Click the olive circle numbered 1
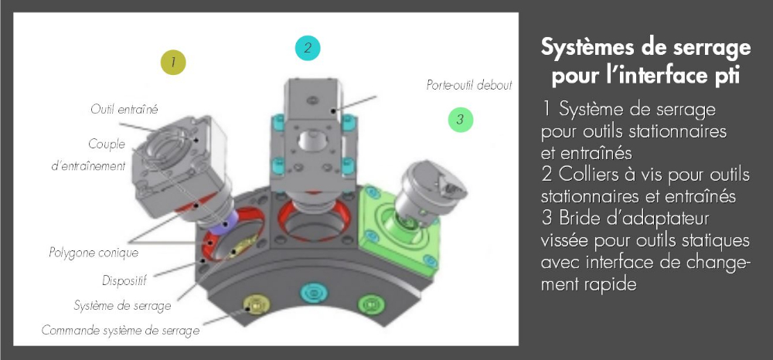tap(173, 61)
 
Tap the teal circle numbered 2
tap(308, 48)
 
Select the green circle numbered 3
tap(459, 119)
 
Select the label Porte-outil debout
tap(469, 85)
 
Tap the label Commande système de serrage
tap(120, 331)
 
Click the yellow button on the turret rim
tap(253, 304)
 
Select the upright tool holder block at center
tap(310, 135)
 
